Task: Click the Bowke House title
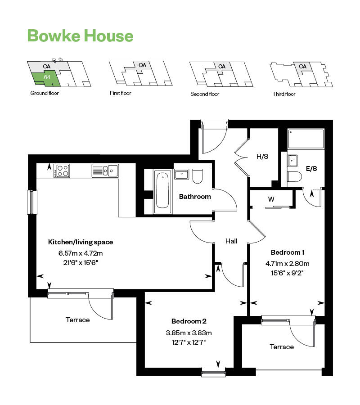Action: pyautogui.click(x=80, y=36)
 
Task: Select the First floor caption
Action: pyautogui.click(x=121, y=94)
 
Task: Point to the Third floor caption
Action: pyautogui.click(x=284, y=94)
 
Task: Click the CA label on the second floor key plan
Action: pyautogui.click(x=221, y=67)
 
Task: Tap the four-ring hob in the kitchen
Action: pyautogui.click(x=62, y=171)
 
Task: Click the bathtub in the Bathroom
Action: pyautogui.click(x=162, y=192)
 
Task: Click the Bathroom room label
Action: pyautogui.click(x=195, y=197)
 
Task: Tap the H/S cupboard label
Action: pyautogui.click(x=262, y=157)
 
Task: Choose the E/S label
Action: pyautogui.click(x=311, y=169)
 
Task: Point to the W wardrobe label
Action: pyautogui.click(x=271, y=198)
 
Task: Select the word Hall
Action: pyautogui.click(x=231, y=242)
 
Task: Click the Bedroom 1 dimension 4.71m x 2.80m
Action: pyautogui.click(x=287, y=264)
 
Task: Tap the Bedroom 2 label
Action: pyautogui.click(x=189, y=321)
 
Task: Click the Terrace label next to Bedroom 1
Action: pyautogui.click(x=282, y=347)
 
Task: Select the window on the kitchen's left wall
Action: pyautogui.click(x=31, y=202)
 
